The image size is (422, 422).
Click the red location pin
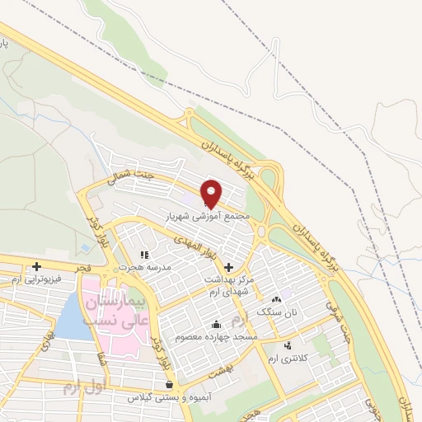coord(211,193)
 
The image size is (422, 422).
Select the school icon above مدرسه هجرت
coord(144,255)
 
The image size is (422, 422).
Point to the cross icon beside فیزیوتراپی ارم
coord(36,266)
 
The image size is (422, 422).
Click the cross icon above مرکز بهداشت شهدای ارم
coord(228,269)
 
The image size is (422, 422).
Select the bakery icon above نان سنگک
coord(276,300)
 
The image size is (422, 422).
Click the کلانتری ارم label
coord(288,359)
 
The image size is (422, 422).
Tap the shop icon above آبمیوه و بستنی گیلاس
coord(169,384)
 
